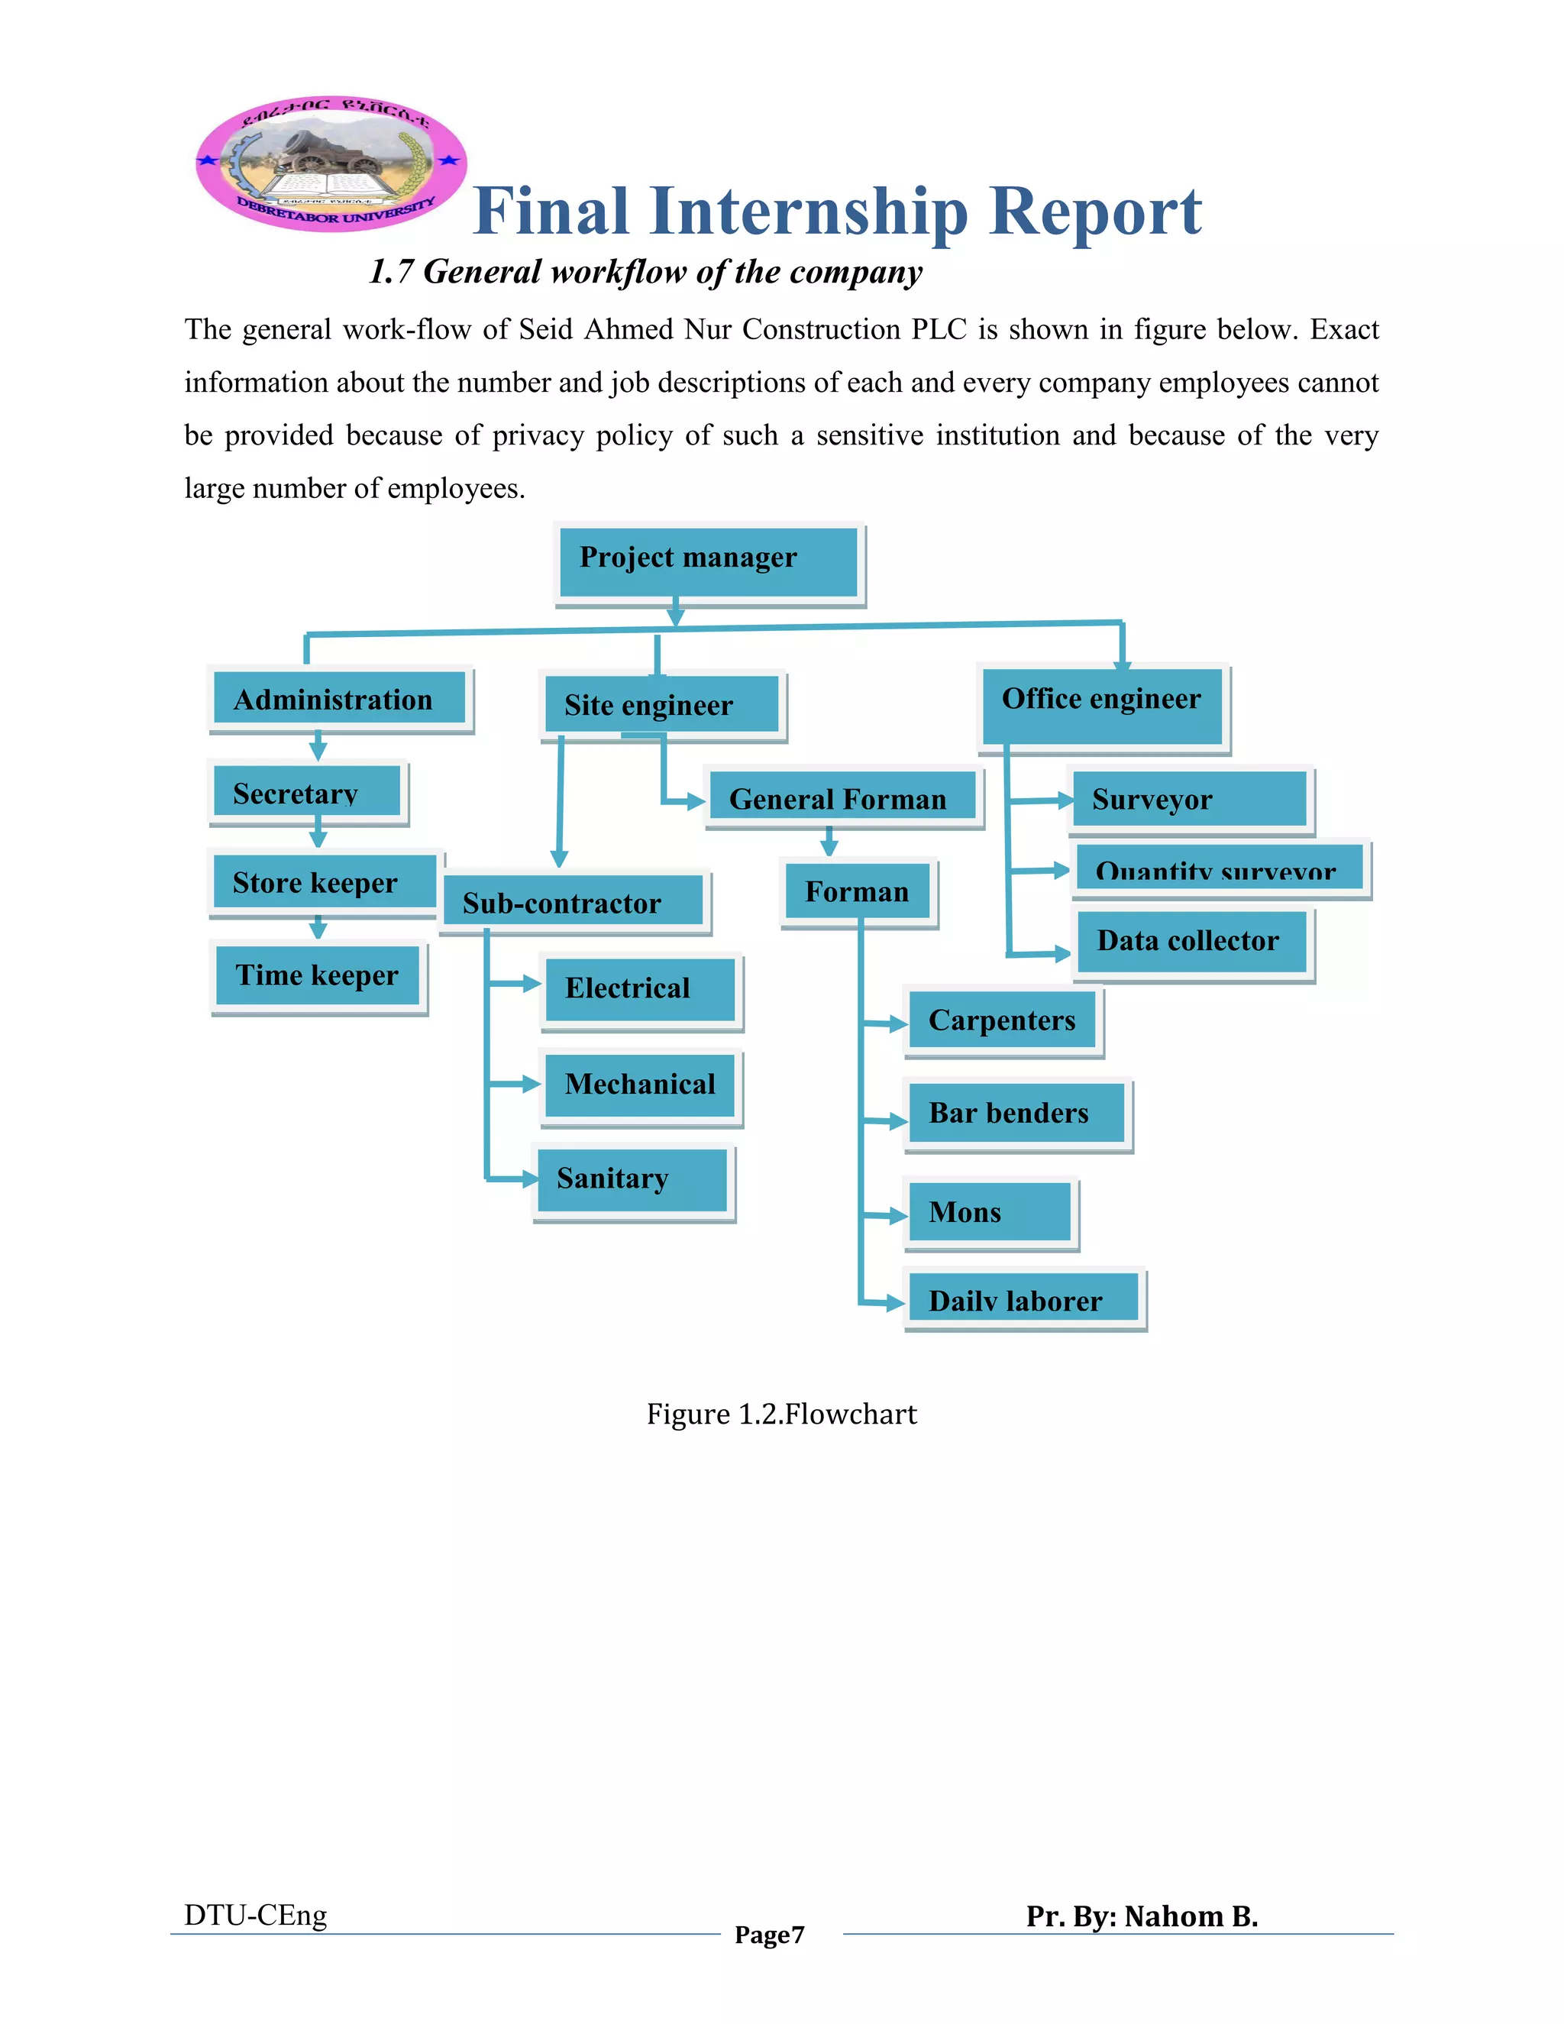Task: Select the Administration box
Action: (x=339, y=699)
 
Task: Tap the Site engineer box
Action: (x=661, y=704)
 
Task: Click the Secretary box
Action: (x=307, y=791)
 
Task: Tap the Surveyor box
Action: (x=1189, y=798)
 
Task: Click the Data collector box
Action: (x=1191, y=942)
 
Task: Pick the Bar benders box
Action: (x=1016, y=1113)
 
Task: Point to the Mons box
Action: (x=989, y=1212)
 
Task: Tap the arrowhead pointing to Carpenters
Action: (x=898, y=1024)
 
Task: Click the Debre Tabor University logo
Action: (x=331, y=164)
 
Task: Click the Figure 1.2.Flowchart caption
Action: (x=781, y=1415)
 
